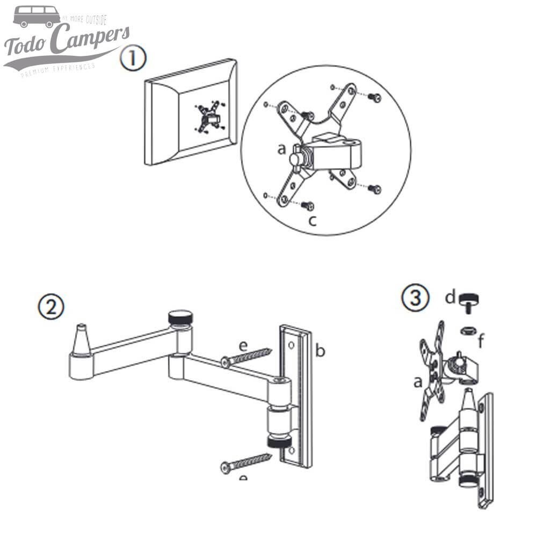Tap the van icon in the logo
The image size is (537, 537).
[x=37, y=17]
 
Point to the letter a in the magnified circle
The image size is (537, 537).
[x=281, y=149]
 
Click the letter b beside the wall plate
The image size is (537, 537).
[x=321, y=351]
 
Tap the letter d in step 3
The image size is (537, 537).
[x=450, y=297]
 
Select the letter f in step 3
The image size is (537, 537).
[x=481, y=340]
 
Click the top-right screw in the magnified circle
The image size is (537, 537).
[x=375, y=98]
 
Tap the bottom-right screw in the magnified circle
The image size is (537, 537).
[x=374, y=188]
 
